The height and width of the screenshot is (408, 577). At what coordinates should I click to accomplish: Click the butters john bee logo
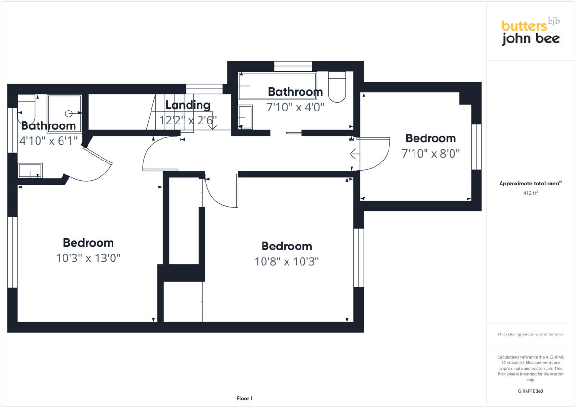pyautogui.click(x=530, y=32)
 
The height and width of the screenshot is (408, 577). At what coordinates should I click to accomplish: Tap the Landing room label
pyautogui.click(x=188, y=105)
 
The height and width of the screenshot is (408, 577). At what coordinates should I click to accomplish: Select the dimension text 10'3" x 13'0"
pyautogui.click(x=88, y=258)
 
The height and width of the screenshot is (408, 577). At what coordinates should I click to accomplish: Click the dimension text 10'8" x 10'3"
pyautogui.click(x=287, y=261)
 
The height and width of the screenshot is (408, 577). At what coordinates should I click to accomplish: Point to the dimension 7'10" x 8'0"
pyautogui.click(x=430, y=154)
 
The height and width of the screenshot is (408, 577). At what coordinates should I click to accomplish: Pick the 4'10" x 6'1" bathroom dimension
pyautogui.click(x=49, y=142)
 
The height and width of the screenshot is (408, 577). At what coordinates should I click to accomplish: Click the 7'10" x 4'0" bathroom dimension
pyautogui.click(x=295, y=107)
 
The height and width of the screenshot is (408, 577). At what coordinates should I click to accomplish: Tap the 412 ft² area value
pyautogui.click(x=530, y=193)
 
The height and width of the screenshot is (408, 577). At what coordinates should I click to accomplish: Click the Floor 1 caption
pyautogui.click(x=244, y=398)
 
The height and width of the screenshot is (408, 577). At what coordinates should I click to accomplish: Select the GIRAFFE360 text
pyautogui.click(x=530, y=391)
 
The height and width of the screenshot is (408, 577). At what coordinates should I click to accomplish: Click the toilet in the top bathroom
pyautogui.click(x=337, y=87)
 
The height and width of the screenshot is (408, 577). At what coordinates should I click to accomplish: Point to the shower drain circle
pyautogui.click(x=69, y=113)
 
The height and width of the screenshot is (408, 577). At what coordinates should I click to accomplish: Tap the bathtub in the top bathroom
pyautogui.click(x=277, y=86)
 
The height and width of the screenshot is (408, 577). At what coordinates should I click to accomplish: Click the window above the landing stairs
pyautogui.click(x=204, y=89)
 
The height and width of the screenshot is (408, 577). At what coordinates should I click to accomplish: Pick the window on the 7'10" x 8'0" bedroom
pyautogui.click(x=476, y=147)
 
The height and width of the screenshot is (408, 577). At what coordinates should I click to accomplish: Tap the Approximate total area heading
pyautogui.click(x=530, y=183)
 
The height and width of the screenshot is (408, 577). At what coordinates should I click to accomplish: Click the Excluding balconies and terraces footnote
pyautogui.click(x=530, y=334)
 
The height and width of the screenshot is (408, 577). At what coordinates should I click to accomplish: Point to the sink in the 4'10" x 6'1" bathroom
pyautogui.click(x=30, y=171)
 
